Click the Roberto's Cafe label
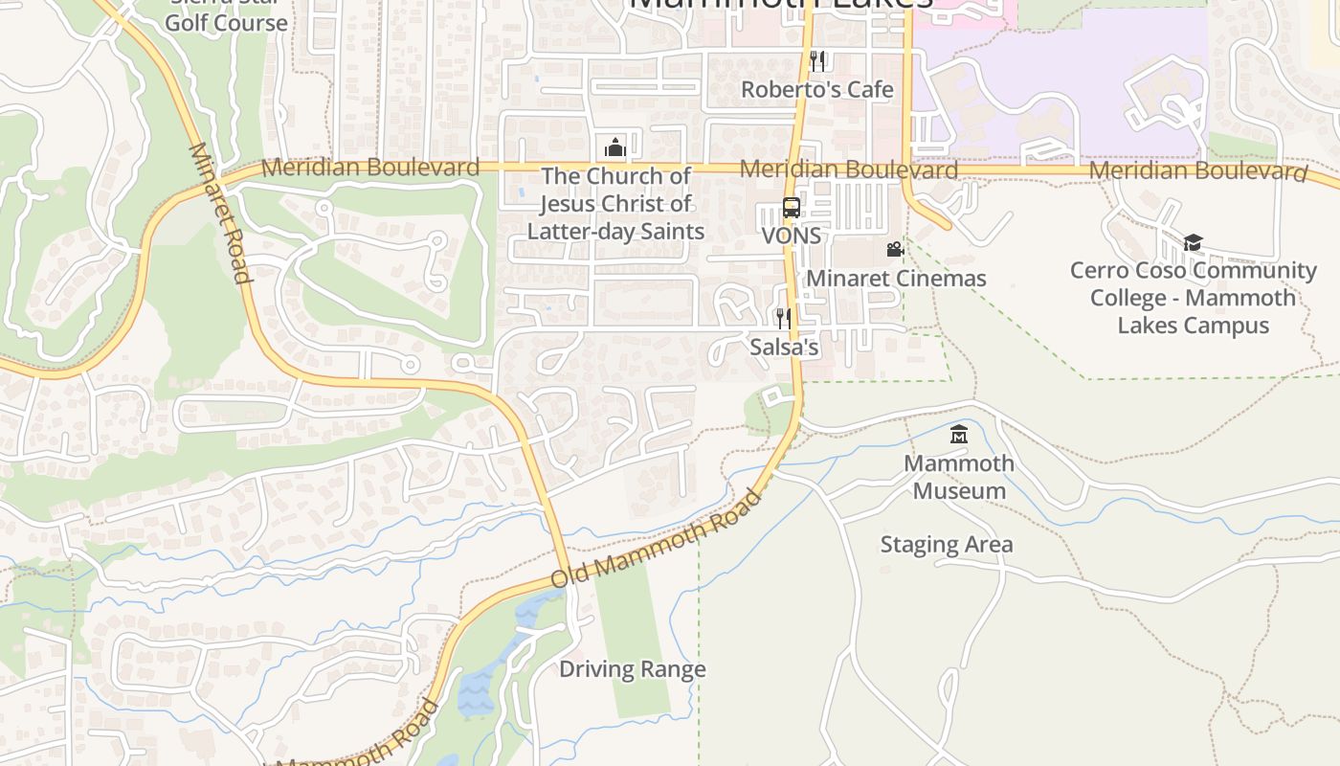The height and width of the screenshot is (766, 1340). pos(817,90)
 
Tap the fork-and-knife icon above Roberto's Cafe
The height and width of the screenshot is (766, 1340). pos(817,61)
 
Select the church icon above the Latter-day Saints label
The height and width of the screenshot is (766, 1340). pos(615,146)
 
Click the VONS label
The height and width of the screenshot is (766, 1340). pos(792,236)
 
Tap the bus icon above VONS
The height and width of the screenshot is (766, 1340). pos(792,208)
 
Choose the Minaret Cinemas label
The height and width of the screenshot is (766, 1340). pos(896,279)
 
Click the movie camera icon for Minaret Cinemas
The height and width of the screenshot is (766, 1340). pos(895,250)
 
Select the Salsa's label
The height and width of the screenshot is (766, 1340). pos(784,347)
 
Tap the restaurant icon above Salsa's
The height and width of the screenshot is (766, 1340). pos(784,318)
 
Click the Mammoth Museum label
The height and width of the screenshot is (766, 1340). pos(959,477)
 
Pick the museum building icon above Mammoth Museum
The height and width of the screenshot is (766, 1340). pos(959,435)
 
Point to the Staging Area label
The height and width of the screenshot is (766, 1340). pos(946,545)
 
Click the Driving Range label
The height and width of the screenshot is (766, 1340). pos(633,669)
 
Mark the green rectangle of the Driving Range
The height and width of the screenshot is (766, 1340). pos(636,622)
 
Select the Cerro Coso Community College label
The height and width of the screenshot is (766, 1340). pos(1193,297)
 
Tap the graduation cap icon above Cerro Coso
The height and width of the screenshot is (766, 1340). pos(1193,243)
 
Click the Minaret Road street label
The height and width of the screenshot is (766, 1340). pos(220,214)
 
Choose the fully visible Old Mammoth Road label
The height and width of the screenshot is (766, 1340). pos(658,539)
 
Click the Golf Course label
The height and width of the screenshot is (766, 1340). pos(226,23)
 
